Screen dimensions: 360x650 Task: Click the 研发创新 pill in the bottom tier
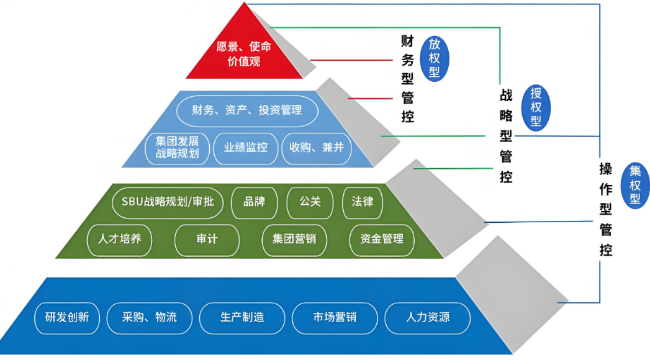pos(67,318)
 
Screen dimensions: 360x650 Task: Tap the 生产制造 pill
pos(242,318)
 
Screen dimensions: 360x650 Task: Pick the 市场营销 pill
pos(335,318)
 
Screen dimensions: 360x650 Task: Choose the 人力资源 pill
pos(428,318)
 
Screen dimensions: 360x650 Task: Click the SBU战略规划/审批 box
pos(167,202)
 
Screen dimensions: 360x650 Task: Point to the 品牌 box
pos(255,202)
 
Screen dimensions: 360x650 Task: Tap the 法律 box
pos(363,202)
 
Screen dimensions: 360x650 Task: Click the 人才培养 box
pos(124,239)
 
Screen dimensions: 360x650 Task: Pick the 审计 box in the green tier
pos(207,239)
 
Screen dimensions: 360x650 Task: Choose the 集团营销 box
pos(294,239)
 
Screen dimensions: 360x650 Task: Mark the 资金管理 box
pos(382,239)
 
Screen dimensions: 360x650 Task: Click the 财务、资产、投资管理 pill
pos(247,111)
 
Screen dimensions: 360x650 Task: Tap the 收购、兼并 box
pos(317,148)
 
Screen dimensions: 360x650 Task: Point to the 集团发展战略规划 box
pos(178,148)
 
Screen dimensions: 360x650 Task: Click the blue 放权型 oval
pos(435,58)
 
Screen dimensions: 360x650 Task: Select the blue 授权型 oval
pos(536,107)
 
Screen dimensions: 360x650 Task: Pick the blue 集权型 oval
pos(635,185)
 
